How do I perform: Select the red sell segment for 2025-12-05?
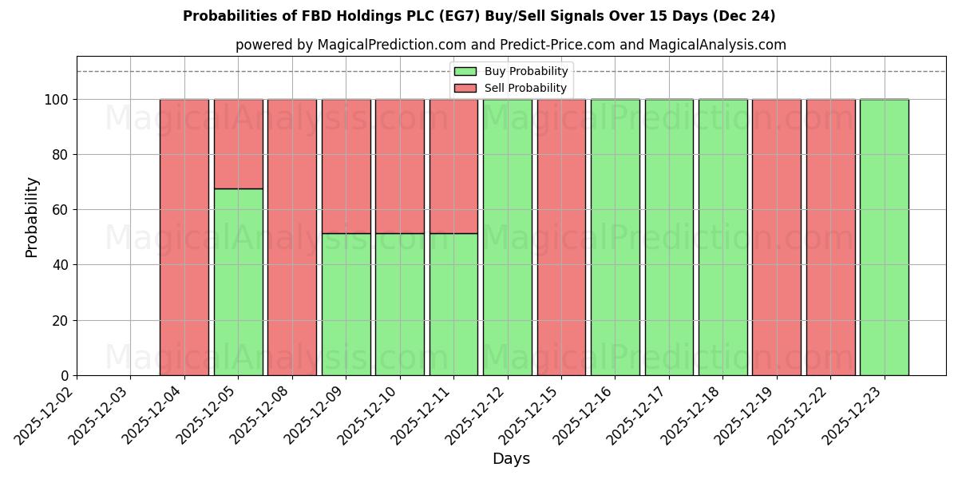pos(238,144)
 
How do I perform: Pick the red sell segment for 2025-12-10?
pos(399,166)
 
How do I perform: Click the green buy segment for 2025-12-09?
pos(346,304)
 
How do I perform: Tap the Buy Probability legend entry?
pos(511,72)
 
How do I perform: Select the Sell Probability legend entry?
pos(511,89)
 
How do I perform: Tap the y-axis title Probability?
pos(32,216)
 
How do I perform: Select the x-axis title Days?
pos(511,459)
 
